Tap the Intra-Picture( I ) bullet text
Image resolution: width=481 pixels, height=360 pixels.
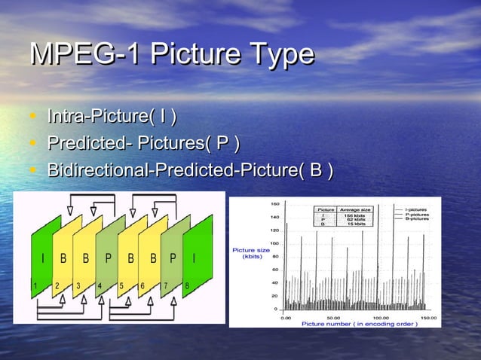[x=112, y=117]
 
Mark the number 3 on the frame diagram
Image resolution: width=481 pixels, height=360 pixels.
[x=78, y=286]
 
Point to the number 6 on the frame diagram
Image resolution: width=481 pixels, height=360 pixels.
[x=142, y=286]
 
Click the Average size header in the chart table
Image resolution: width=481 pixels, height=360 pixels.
[x=354, y=209]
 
